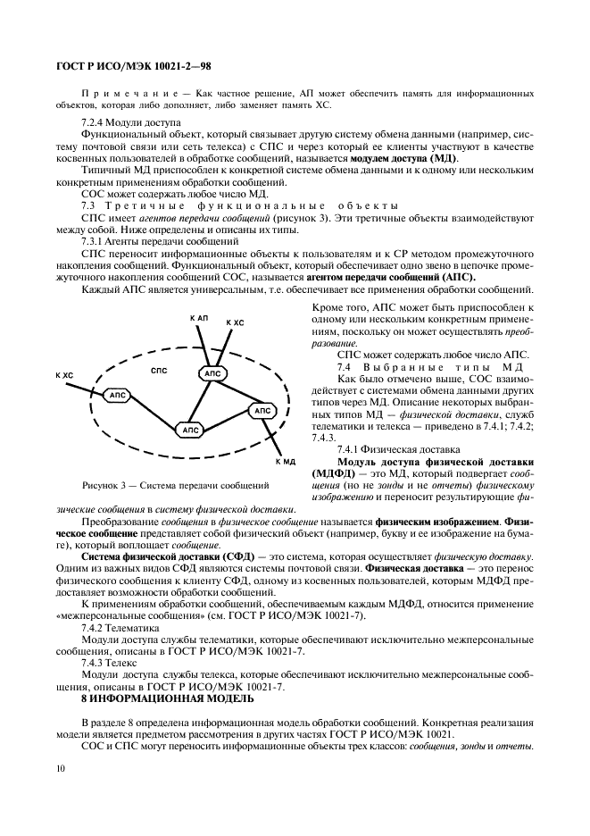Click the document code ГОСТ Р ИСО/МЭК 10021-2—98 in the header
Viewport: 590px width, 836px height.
(134, 66)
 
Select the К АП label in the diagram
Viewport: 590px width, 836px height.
(199, 318)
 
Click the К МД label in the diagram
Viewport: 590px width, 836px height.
(284, 462)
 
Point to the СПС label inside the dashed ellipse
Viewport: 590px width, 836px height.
(160, 369)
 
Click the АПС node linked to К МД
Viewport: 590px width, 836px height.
(261, 411)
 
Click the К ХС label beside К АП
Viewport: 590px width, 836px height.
(235, 322)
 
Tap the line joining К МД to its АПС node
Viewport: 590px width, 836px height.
(273, 438)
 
